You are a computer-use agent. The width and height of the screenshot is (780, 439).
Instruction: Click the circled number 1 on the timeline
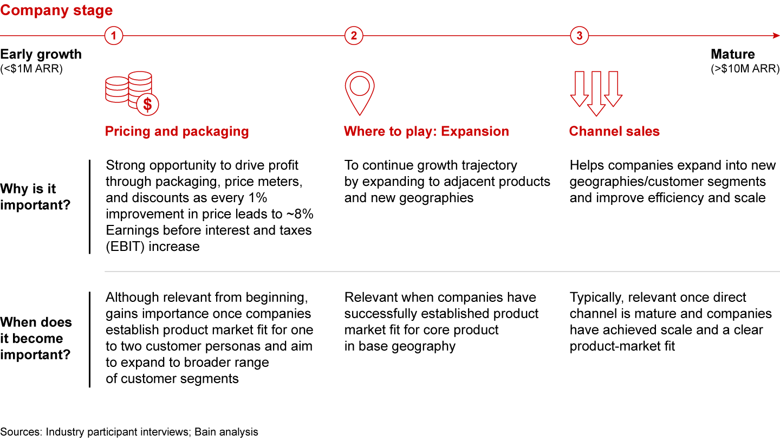pyautogui.click(x=114, y=36)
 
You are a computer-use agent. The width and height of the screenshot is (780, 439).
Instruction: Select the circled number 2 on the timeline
pyautogui.click(x=354, y=36)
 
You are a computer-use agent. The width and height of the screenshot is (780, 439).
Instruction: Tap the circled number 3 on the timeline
pyautogui.click(x=580, y=36)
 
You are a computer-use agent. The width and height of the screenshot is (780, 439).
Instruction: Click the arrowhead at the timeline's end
pyautogui.click(x=776, y=36)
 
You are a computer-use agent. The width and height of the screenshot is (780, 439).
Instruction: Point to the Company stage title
pyautogui.click(x=56, y=10)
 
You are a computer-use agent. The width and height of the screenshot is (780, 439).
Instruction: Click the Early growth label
pyautogui.click(x=41, y=54)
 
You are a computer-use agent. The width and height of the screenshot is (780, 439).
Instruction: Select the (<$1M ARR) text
pyautogui.click(x=31, y=69)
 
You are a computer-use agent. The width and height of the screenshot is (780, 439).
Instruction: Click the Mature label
pyautogui.click(x=733, y=54)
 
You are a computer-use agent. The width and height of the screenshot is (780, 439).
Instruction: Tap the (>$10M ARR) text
pyautogui.click(x=745, y=69)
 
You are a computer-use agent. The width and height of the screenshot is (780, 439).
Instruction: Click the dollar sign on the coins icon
pyautogui.click(x=148, y=105)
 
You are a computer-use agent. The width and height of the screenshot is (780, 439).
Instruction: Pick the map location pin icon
pyautogui.click(x=360, y=93)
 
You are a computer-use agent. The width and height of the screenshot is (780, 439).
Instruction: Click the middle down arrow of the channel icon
pyautogui.click(x=596, y=93)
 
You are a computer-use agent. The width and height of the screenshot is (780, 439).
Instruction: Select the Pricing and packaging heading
pyautogui.click(x=177, y=131)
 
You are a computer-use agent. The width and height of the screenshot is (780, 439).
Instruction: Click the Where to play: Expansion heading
pyautogui.click(x=427, y=131)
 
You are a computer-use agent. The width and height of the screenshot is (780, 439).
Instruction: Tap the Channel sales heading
pyautogui.click(x=614, y=131)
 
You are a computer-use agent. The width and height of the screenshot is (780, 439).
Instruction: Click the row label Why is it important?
pyautogui.click(x=35, y=197)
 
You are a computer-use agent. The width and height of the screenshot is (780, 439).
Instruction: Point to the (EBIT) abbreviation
pyautogui.click(x=125, y=247)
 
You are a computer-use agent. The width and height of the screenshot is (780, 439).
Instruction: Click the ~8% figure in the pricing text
pyautogui.click(x=300, y=214)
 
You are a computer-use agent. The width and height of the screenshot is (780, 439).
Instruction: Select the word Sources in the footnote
pyautogui.click(x=21, y=432)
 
